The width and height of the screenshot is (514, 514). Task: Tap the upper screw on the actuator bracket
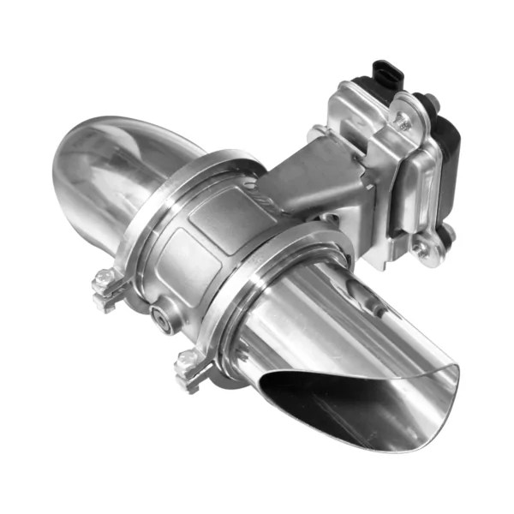401,121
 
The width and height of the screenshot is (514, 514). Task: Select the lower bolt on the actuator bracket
421,249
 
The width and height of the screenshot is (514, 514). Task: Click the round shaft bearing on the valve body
160,318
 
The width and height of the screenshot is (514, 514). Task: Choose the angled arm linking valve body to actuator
309,183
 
